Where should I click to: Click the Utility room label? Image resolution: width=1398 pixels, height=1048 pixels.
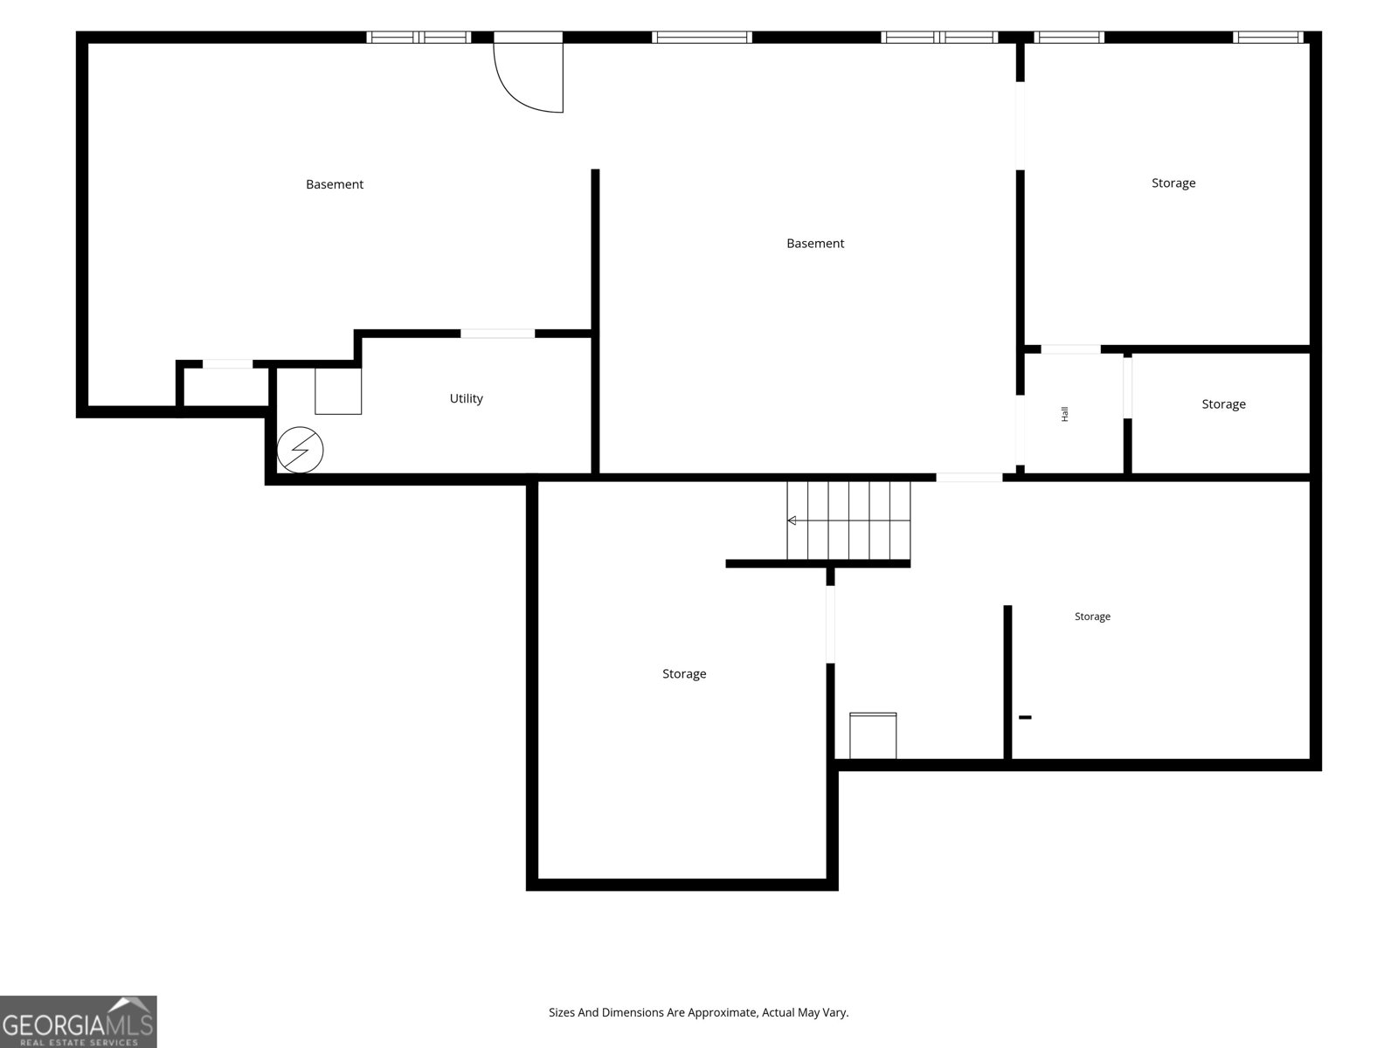pyautogui.click(x=467, y=398)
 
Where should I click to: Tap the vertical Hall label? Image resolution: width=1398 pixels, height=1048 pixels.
pyautogui.click(x=1065, y=414)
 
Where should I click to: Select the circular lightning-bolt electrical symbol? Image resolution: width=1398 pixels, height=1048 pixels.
pyautogui.click(x=300, y=450)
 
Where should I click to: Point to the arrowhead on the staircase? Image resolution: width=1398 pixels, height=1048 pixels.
pyautogui.click(x=792, y=521)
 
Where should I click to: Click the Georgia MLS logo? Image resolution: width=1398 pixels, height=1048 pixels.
pyautogui.click(x=79, y=1021)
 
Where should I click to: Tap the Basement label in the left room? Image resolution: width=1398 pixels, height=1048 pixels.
pyautogui.click(x=335, y=184)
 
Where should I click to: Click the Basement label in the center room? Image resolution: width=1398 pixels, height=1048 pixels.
pyautogui.click(x=815, y=244)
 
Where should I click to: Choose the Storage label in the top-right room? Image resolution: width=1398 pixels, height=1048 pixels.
pyautogui.click(x=1173, y=183)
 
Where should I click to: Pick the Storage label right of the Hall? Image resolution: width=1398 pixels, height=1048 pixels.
pyautogui.click(x=1223, y=404)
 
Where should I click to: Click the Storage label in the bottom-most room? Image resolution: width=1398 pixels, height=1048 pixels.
pyautogui.click(x=684, y=674)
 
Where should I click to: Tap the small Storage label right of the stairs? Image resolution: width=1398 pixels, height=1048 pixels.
pyautogui.click(x=1092, y=617)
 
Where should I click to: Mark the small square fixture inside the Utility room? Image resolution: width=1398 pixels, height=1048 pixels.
pyautogui.click(x=338, y=390)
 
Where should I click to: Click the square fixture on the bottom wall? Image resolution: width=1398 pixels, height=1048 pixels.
pyautogui.click(x=873, y=735)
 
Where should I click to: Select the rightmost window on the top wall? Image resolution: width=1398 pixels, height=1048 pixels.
pyautogui.click(x=1268, y=38)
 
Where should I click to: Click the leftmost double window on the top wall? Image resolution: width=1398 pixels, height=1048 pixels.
pyautogui.click(x=419, y=38)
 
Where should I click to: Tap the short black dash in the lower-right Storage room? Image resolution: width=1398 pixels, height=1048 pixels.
pyautogui.click(x=1025, y=717)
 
